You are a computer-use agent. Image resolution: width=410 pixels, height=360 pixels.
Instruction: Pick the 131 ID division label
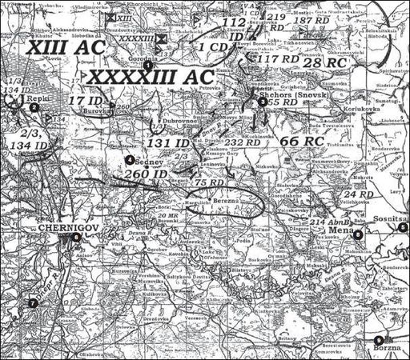(171, 142)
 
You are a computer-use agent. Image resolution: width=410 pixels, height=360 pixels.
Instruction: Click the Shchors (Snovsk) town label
(289, 94)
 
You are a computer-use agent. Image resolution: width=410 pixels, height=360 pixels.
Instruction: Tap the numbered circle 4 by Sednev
(129, 160)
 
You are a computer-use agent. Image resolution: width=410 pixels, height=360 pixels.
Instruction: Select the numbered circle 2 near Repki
(34, 106)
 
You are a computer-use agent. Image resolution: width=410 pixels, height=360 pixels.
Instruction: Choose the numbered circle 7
(33, 302)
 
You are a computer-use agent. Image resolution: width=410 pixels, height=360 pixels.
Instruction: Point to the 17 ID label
(86, 100)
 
